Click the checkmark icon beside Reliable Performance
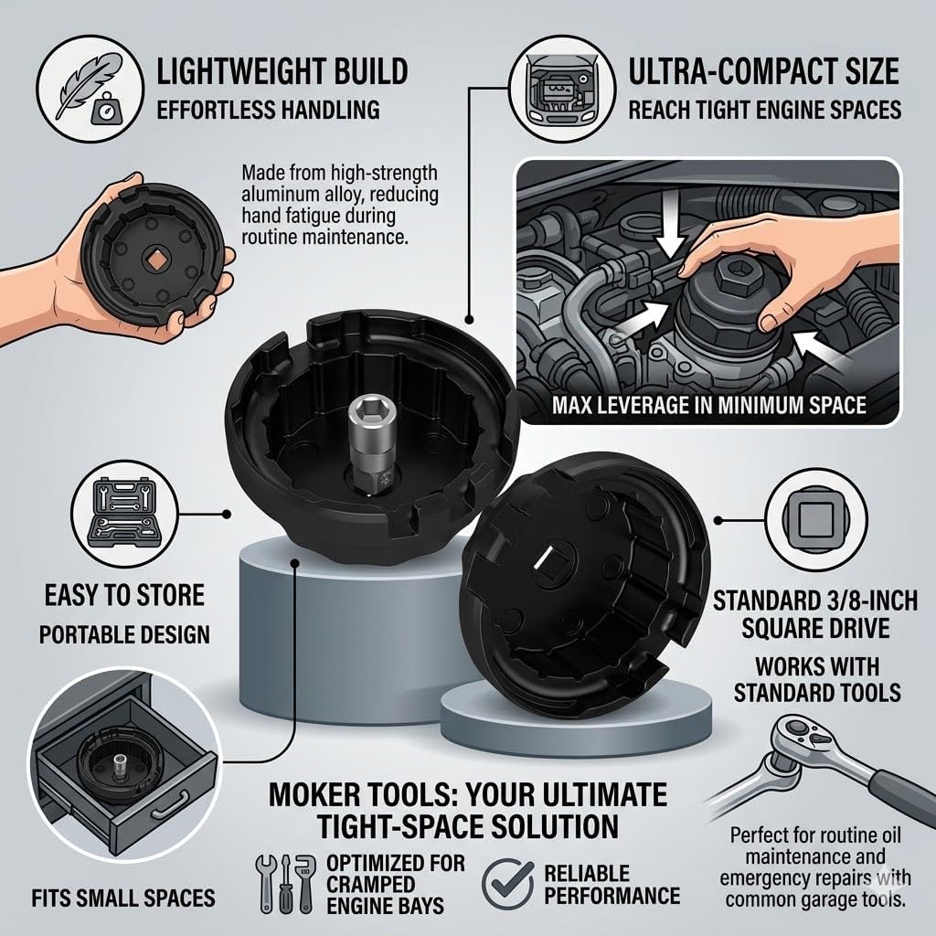click(x=508, y=883)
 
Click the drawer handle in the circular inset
click(x=171, y=804)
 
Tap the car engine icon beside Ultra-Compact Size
click(x=562, y=89)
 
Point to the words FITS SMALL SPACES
click(x=123, y=898)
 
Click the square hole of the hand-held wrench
click(x=155, y=259)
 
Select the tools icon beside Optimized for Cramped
click(x=285, y=882)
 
